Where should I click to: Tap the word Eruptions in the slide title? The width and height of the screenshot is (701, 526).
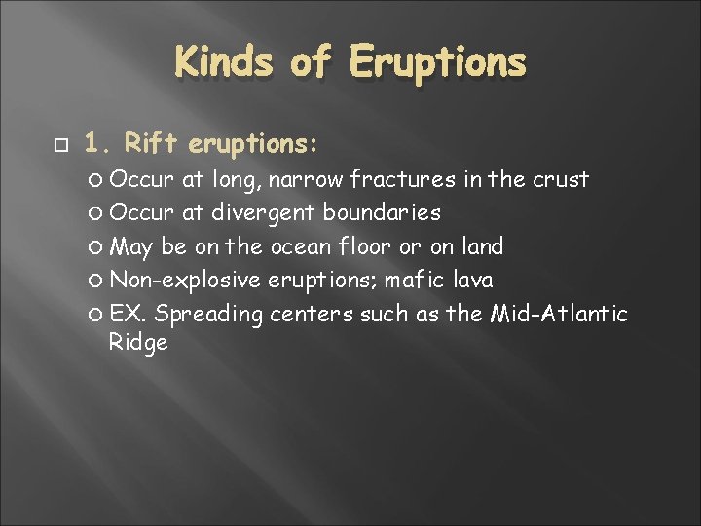[438, 63]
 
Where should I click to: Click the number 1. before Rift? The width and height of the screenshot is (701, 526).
[99, 144]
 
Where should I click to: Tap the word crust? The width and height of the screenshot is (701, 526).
[560, 179]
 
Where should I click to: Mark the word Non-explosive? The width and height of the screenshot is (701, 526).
[185, 281]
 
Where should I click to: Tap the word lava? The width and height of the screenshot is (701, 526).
[473, 281]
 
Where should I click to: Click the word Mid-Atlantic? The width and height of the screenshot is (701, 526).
[565, 314]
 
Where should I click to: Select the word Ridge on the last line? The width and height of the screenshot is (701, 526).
[138, 343]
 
